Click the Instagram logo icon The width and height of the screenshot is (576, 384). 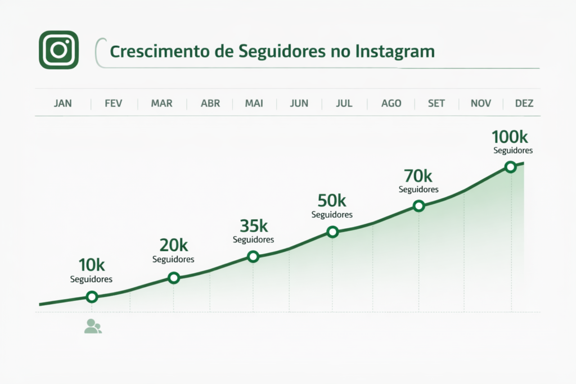[x=58, y=49]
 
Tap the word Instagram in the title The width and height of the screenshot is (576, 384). [x=395, y=51]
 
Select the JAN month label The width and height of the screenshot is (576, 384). [x=63, y=103]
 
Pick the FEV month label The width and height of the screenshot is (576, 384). [x=113, y=103]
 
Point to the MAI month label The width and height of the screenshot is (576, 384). [x=254, y=103]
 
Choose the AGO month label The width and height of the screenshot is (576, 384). [x=391, y=103]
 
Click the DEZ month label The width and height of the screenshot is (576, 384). [x=524, y=103]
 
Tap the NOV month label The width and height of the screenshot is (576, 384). [x=481, y=103]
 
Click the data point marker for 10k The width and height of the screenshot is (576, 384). [x=92, y=297]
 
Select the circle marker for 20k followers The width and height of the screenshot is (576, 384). [x=174, y=278]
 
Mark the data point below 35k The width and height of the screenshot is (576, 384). [x=253, y=257]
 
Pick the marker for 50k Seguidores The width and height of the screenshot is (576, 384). [x=332, y=232]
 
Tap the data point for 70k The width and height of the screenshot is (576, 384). [x=418, y=206]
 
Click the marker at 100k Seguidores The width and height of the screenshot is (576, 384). [x=510, y=167]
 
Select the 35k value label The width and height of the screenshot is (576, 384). [x=254, y=226]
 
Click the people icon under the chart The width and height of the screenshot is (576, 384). [x=93, y=326]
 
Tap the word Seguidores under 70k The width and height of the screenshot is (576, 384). [x=418, y=189]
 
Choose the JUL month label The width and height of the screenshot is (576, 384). [x=344, y=103]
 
